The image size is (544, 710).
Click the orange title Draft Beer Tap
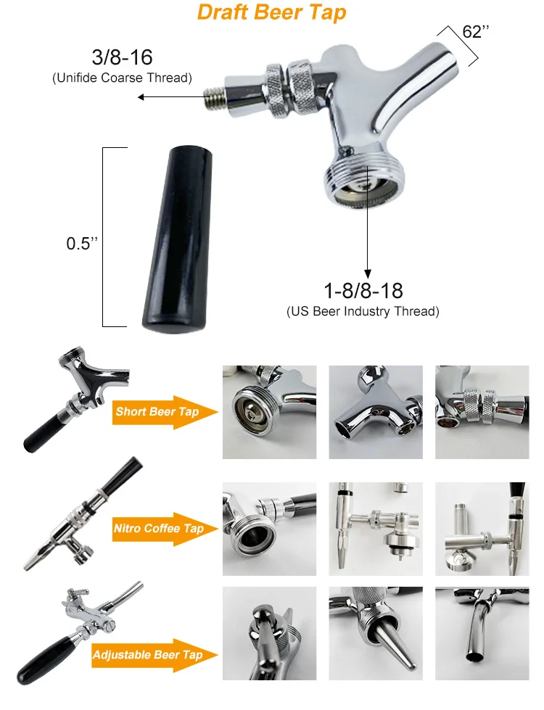tap(272, 12)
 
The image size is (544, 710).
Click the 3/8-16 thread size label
tap(123, 57)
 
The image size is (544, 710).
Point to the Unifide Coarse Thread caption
tap(123, 78)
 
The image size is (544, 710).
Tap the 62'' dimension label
tap(476, 32)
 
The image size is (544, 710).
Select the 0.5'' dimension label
tap(82, 244)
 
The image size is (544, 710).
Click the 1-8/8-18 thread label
tap(363, 291)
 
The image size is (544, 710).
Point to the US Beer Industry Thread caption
tap(363, 312)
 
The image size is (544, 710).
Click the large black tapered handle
tap(178, 239)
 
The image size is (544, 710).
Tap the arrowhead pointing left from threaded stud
tap(141, 97)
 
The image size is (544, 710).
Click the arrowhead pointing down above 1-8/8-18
tap(368, 274)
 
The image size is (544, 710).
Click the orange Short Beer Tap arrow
tap(165, 412)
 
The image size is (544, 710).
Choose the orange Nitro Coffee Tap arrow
tap(165, 529)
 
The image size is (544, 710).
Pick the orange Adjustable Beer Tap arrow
tap(154, 655)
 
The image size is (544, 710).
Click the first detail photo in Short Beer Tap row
tap(270, 413)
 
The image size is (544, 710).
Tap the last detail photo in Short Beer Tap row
tap(482, 413)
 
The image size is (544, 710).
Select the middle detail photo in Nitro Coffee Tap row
tap(376, 529)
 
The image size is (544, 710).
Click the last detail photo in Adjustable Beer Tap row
tap(482, 633)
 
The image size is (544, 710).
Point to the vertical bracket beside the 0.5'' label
tap(103, 237)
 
